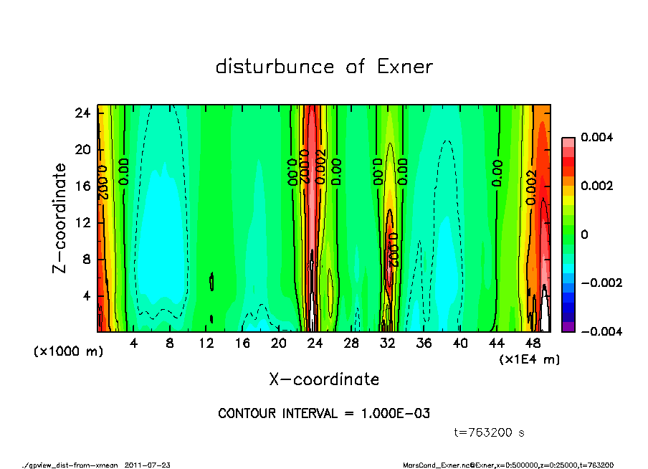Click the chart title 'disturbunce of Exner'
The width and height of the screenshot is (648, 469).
(324, 67)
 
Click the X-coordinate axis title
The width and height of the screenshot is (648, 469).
(324, 379)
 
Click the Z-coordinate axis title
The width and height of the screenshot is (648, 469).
(59, 218)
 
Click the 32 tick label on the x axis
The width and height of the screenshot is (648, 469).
(388, 344)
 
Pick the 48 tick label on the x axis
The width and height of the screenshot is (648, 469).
(533, 344)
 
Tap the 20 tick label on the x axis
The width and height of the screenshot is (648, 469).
(279, 344)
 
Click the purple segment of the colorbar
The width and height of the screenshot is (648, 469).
(568, 327)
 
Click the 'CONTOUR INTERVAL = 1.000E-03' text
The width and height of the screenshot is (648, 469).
(324, 413)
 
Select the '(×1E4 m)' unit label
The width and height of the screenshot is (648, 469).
(530, 359)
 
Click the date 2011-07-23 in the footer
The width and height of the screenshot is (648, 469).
(148, 465)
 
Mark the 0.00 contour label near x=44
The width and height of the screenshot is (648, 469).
(497, 173)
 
